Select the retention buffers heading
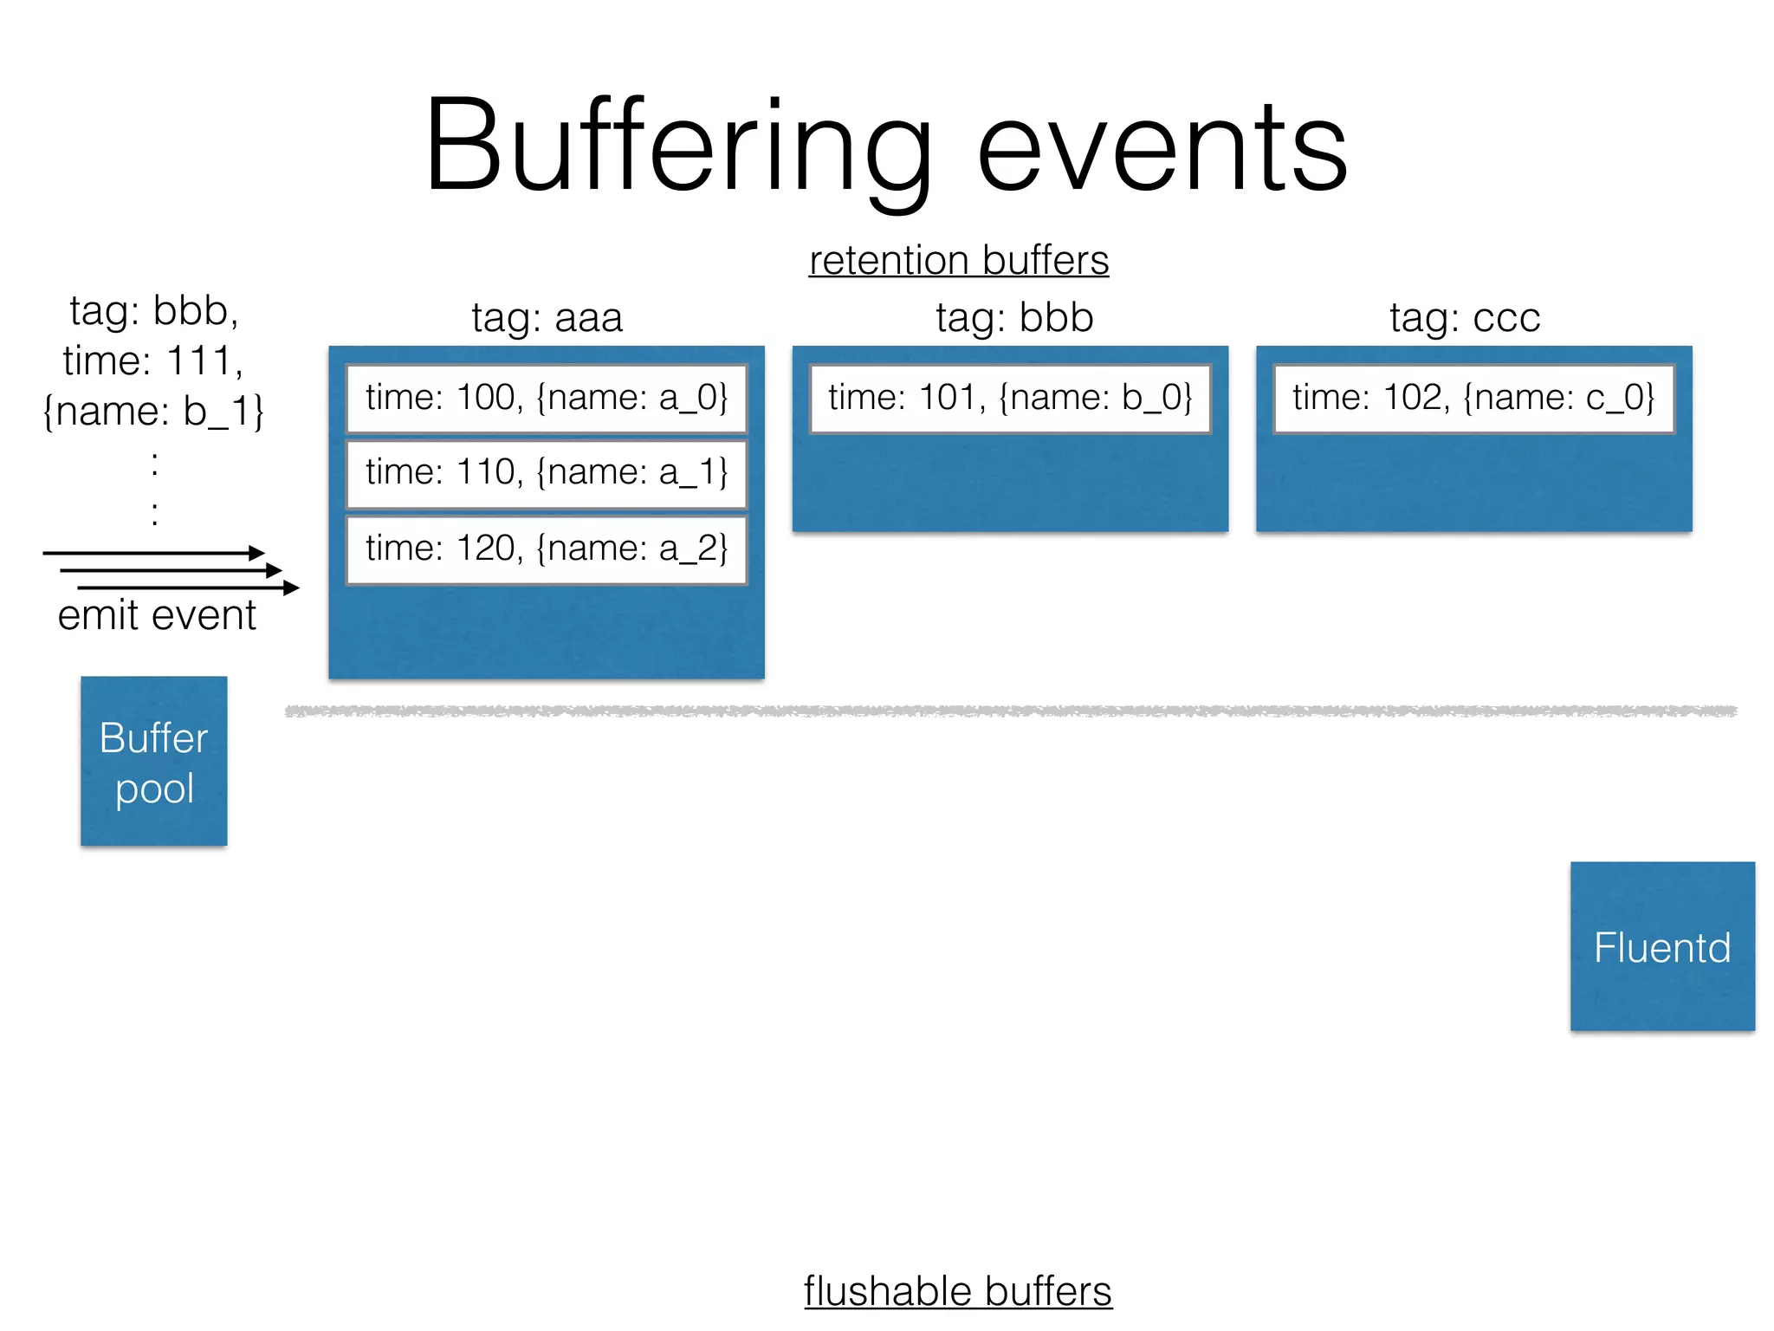coord(958,261)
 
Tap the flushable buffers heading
coord(957,1291)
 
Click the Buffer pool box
coord(154,762)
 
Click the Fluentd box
coord(1661,946)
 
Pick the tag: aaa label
coord(547,318)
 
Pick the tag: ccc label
coord(1465,318)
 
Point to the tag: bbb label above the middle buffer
coord(1013,318)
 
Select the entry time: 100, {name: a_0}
coord(547,399)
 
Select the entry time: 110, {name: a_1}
coord(547,473)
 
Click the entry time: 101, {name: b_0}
coord(1010,399)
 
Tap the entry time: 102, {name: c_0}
coord(1473,399)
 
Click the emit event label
coord(157,616)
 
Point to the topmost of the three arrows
coord(152,553)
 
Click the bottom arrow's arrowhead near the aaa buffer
coord(292,588)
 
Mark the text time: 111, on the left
coord(153,361)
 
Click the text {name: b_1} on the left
coord(153,412)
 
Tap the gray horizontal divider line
coord(1010,711)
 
